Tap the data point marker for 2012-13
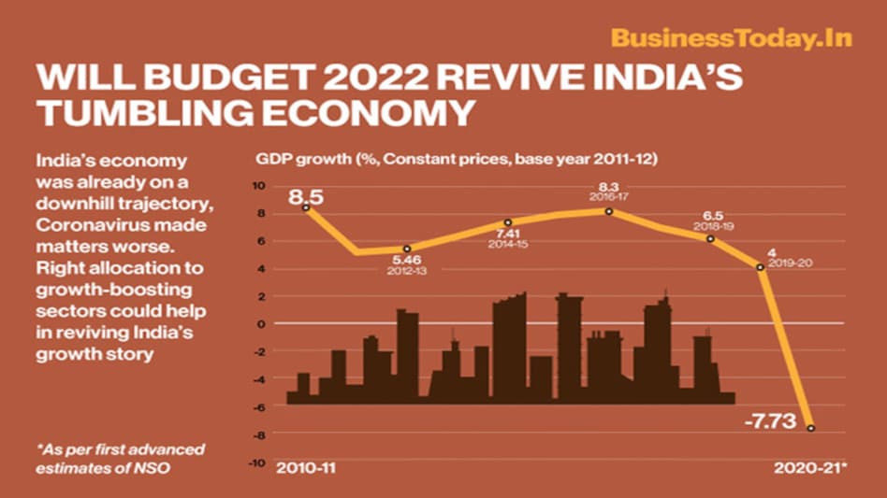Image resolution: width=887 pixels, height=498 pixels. pos(407,249)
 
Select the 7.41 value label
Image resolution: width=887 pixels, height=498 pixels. pos(508,234)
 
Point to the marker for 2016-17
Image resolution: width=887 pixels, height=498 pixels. pos(609,211)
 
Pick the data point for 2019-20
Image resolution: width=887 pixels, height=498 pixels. pos(761,267)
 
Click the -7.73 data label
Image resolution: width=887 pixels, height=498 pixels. pos(768,422)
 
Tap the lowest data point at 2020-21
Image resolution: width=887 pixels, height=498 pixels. pos(811,428)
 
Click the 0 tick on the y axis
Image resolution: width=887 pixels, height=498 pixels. pos(263,324)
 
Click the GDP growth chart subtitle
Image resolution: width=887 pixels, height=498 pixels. pos(451,160)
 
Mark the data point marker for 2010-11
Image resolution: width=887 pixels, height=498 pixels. pos(307,207)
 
